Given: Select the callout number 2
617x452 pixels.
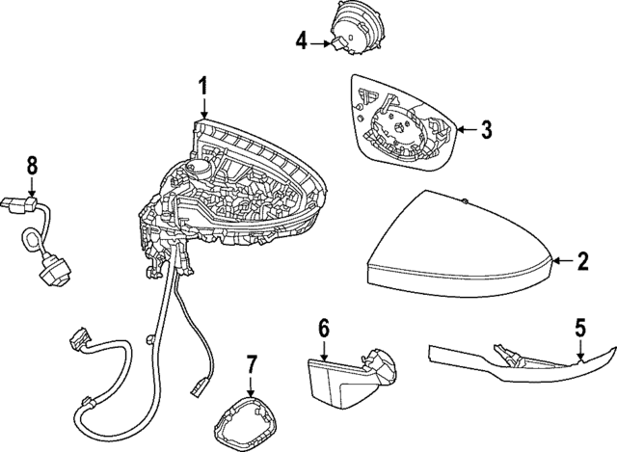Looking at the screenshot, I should tap(582, 260).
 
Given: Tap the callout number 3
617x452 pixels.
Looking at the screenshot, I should tap(487, 127).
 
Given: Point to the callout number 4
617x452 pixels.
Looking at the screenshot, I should tap(302, 40).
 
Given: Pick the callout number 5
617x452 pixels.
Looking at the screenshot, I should tap(579, 328).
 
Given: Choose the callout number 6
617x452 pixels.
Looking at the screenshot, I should tap(324, 329).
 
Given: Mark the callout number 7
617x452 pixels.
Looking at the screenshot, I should tap(251, 364).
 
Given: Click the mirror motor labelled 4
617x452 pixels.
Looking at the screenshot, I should tap(358, 28).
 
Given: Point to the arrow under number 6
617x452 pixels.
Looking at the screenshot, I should tap(324, 348).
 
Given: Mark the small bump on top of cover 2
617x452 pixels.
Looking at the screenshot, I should tap(464, 202).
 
